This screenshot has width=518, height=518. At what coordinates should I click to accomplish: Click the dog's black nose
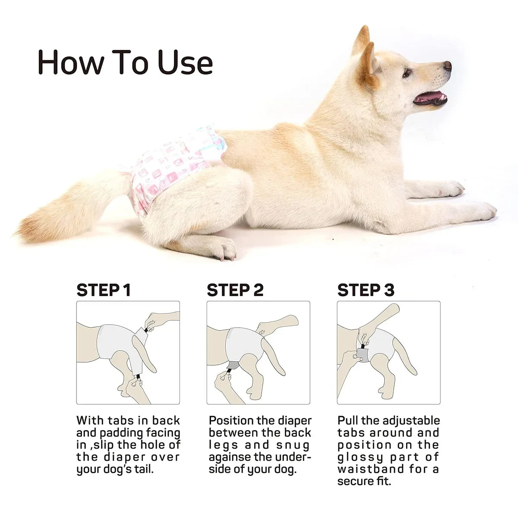click(447, 66)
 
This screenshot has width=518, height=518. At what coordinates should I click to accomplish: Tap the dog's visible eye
click(407, 73)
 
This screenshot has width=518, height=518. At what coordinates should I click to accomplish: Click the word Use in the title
click(185, 63)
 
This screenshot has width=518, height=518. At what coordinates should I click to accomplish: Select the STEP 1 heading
click(103, 290)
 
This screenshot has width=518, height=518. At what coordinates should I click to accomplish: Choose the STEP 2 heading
click(235, 290)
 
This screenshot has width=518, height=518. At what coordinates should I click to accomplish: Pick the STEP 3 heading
click(366, 290)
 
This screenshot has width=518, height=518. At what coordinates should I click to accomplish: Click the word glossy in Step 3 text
click(360, 457)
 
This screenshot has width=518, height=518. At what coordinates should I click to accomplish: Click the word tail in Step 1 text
click(143, 469)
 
